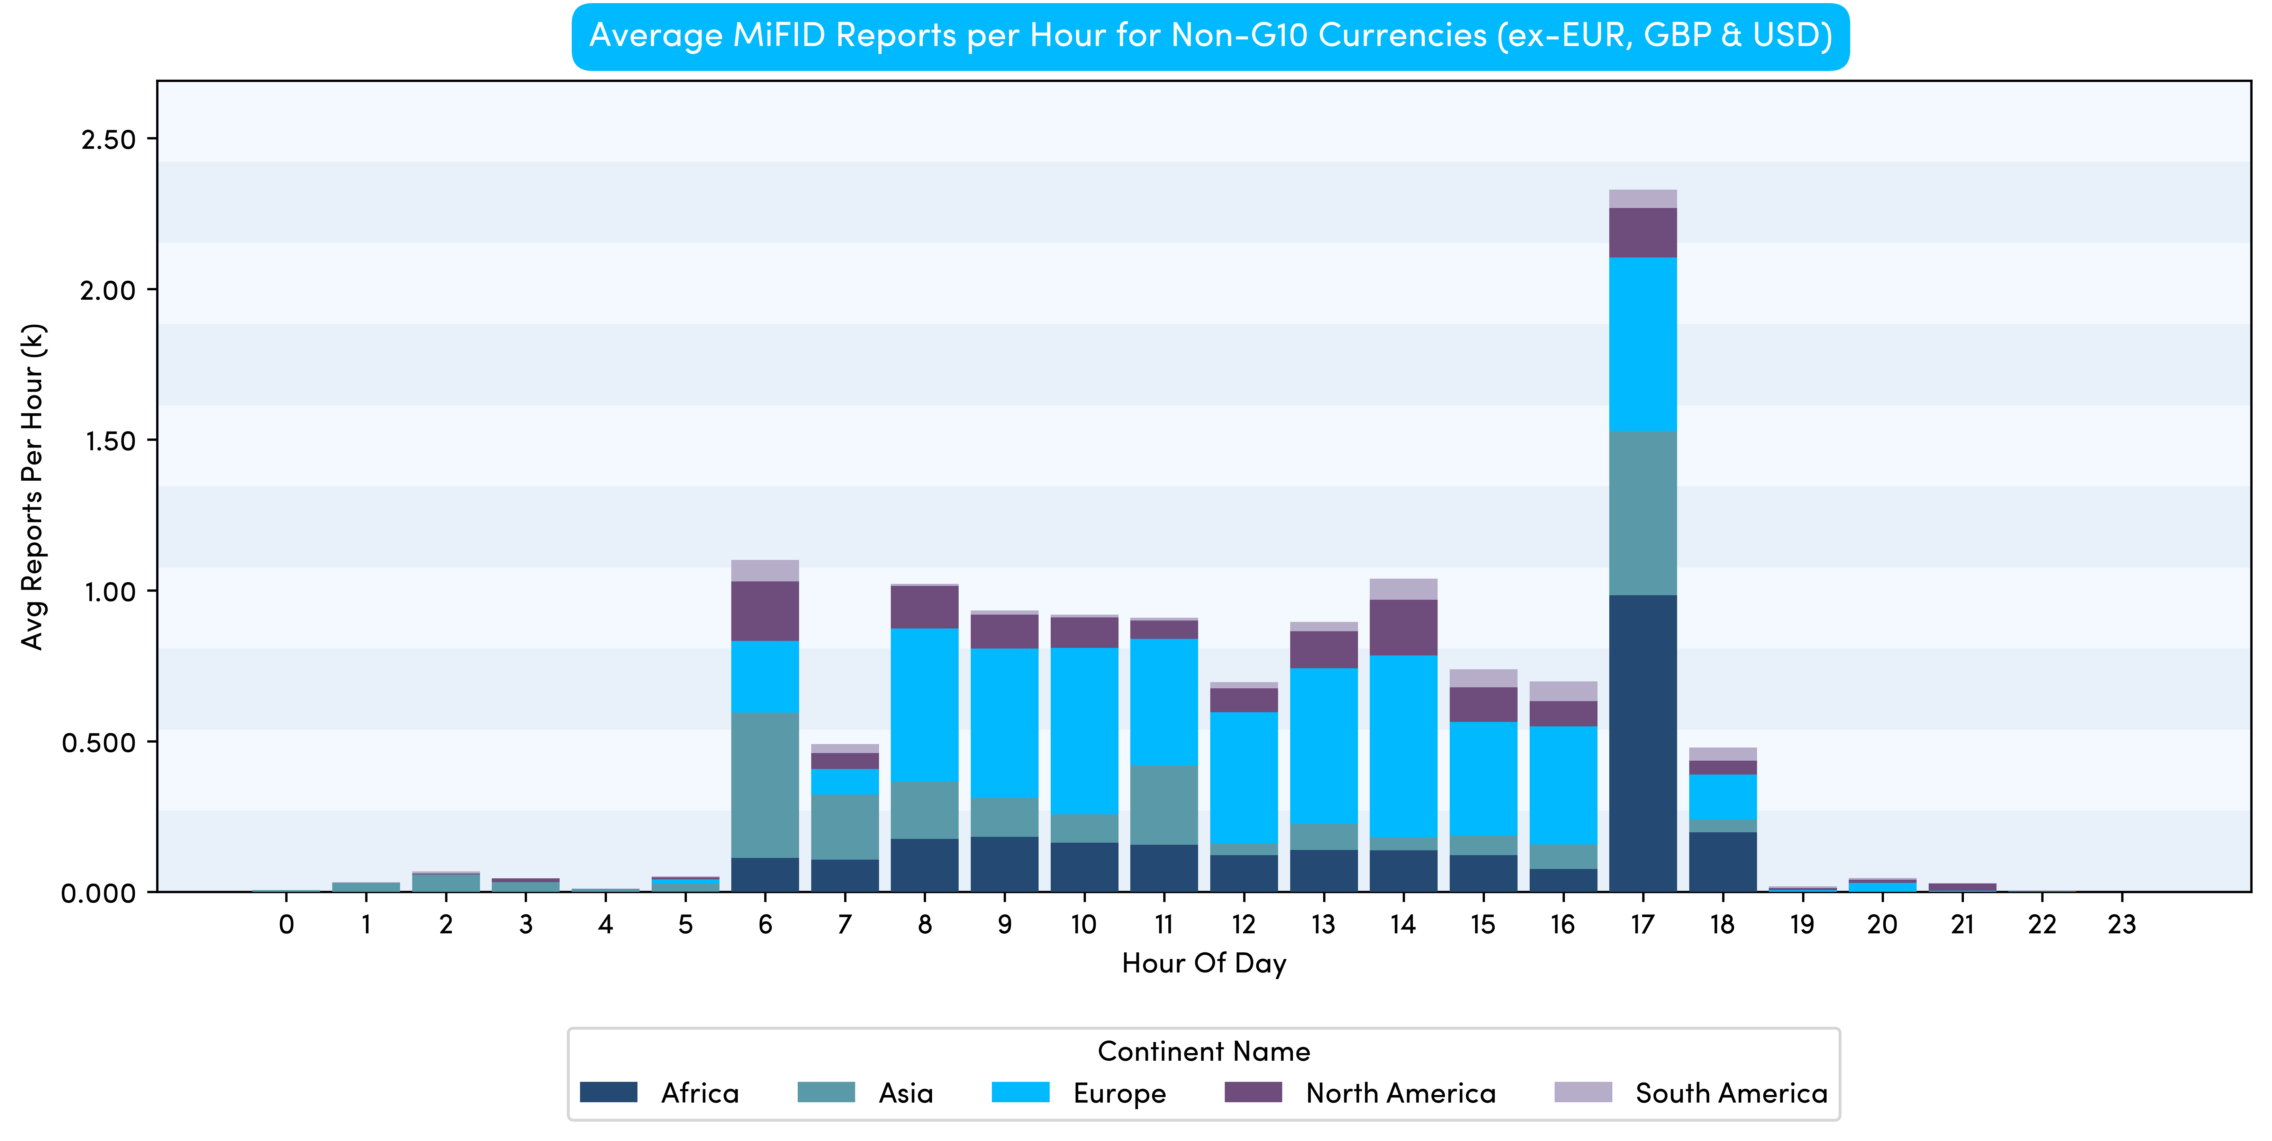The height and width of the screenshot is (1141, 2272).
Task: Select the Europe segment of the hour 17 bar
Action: [1642, 344]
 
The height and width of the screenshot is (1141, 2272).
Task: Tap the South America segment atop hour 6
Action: [765, 570]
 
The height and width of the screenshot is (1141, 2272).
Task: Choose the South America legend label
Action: [1730, 1093]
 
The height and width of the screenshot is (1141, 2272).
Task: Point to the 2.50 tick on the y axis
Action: [108, 139]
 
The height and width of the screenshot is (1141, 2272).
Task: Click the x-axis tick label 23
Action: [2121, 924]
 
